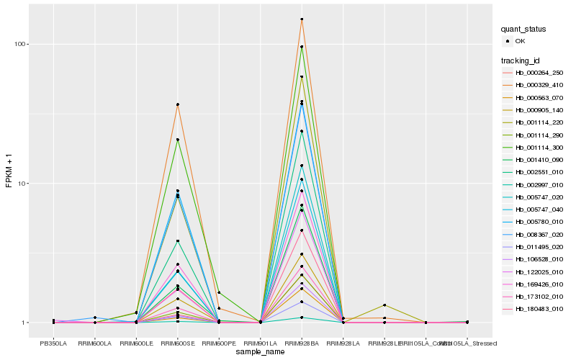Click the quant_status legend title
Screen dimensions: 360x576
(x=523, y=30)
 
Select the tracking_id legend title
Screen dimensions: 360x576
(x=521, y=60)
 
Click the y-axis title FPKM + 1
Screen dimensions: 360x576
(x=9, y=171)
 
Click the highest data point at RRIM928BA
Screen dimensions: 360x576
(x=302, y=19)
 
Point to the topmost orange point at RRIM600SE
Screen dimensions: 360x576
(x=177, y=104)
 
